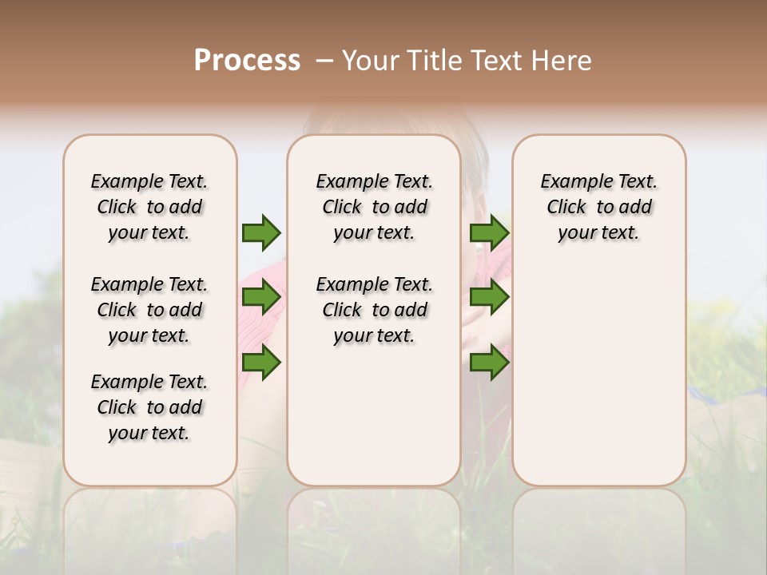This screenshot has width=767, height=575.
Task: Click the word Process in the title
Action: (x=247, y=61)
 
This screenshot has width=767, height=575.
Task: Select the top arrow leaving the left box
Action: (x=261, y=232)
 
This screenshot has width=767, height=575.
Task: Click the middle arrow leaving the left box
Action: (x=261, y=298)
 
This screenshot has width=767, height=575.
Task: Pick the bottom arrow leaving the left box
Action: (x=261, y=363)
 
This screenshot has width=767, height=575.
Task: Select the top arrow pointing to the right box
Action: (x=489, y=232)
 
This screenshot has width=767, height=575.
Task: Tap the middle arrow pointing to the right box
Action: (x=489, y=298)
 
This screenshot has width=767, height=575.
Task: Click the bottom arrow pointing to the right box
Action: (x=489, y=363)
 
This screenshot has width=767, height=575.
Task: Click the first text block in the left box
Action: (x=149, y=207)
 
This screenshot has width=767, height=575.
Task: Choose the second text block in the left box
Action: (x=149, y=310)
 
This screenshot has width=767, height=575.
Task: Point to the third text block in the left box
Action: (x=149, y=407)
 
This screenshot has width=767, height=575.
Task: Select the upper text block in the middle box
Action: (x=375, y=207)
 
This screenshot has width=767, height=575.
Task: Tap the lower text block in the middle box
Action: (x=375, y=310)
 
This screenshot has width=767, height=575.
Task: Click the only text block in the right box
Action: (x=599, y=207)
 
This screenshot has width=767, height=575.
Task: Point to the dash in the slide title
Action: (x=324, y=61)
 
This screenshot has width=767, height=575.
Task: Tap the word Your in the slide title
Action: (x=372, y=61)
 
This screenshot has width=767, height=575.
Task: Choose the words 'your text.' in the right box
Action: (x=599, y=233)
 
